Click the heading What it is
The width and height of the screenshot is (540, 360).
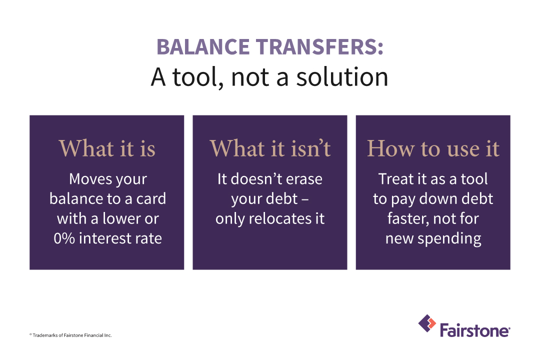(x=107, y=148)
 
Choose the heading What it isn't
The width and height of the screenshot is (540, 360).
(x=270, y=148)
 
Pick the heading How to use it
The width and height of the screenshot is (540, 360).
(x=433, y=148)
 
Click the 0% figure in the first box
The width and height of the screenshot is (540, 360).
(x=64, y=238)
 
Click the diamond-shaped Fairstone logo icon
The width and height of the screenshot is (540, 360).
(x=427, y=323)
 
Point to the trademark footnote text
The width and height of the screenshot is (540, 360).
(x=70, y=335)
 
